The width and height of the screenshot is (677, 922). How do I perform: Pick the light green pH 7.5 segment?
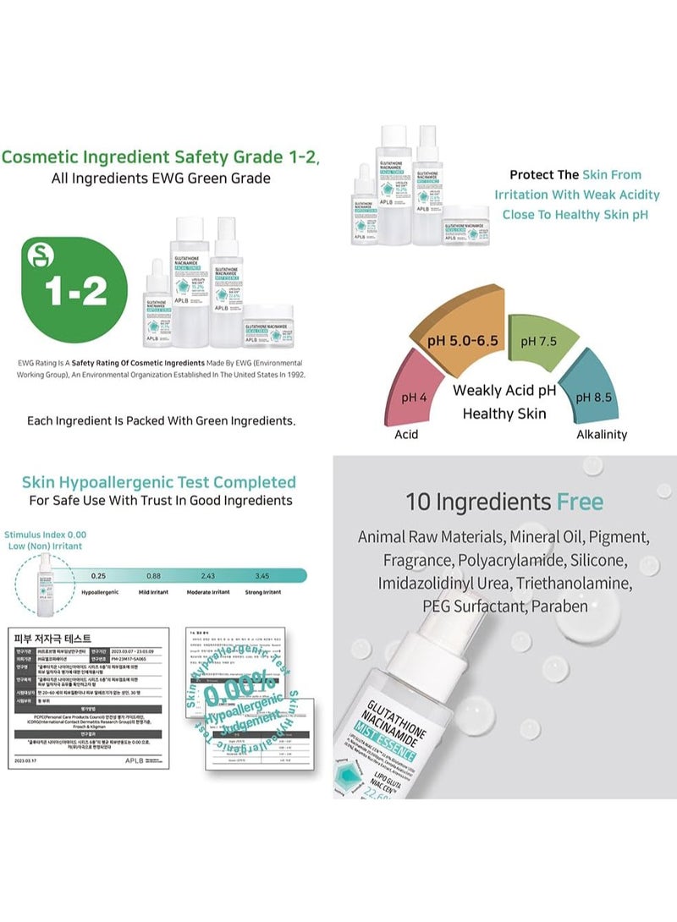[x=539, y=342]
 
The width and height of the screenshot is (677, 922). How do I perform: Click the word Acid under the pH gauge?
[x=406, y=434]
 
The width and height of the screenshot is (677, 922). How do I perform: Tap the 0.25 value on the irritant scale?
[x=122, y=575]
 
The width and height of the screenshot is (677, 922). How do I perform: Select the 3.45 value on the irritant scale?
[x=262, y=575]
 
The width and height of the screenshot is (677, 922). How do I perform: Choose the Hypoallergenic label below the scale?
[x=121, y=593]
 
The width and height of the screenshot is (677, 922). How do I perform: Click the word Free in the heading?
[x=580, y=502]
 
